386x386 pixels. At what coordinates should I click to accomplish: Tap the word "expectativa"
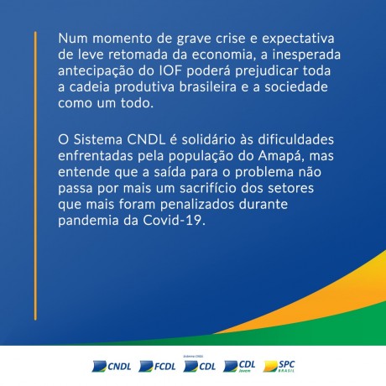pyautogui.click(x=298, y=39)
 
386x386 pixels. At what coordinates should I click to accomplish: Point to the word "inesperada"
pyautogui.click(x=306, y=55)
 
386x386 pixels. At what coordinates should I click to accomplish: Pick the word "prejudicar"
pyautogui.click(x=267, y=71)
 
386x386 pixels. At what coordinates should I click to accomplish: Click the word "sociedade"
pyautogui.click(x=296, y=87)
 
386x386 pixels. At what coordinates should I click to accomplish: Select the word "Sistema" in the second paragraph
pyautogui.click(x=98, y=139)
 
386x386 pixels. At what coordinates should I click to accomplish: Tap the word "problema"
pyautogui.click(x=264, y=173)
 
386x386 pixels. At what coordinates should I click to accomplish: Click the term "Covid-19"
pyautogui.click(x=173, y=221)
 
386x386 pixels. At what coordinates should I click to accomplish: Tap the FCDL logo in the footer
pyautogui.click(x=157, y=366)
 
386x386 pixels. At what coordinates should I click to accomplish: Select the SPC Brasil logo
pyautogui.click(x=279, y=366)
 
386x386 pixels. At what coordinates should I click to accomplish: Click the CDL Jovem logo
pyautogui.click(x=239, y=366)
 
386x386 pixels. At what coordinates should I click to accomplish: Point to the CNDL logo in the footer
pyautogui.click(x=112, y=366)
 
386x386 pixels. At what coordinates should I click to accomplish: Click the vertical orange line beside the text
pyautogui.click(x=35, y=175)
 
